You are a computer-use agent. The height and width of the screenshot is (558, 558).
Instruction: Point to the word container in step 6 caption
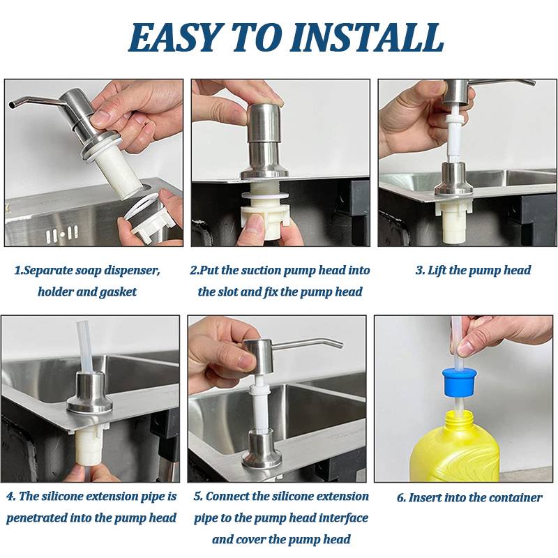513,498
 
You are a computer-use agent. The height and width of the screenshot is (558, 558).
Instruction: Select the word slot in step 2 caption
225,292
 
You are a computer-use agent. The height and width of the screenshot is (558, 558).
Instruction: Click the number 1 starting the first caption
17,271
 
